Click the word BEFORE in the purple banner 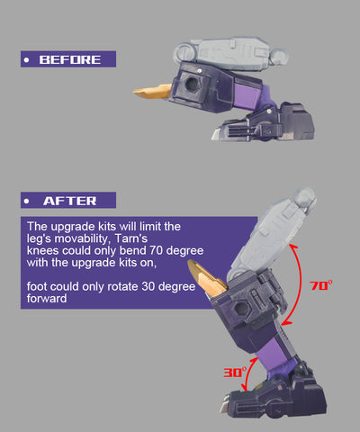pyautogui.click(x=70, y=59)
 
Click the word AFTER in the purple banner pyautogui.click(x=70, y=201)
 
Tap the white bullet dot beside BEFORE pyautogui.click(x=27, y=60)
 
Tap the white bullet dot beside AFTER pyautogui.click(x=27, y=201)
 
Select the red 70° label pyautogui.click(x=321, y=285)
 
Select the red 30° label pyautogui.click(x=235, y=372)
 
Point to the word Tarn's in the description pyautogui.click(x=131, y=238)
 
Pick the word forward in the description pyautogui.click(x=47, y=299)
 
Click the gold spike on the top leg pyautogui.click(x=152, y=91)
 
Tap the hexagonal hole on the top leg pyautogui.click(x=192, y=83)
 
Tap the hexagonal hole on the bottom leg pyautogui.click(x=240, y=309)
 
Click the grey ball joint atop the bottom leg pyautogui.click(x=304, y=197)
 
